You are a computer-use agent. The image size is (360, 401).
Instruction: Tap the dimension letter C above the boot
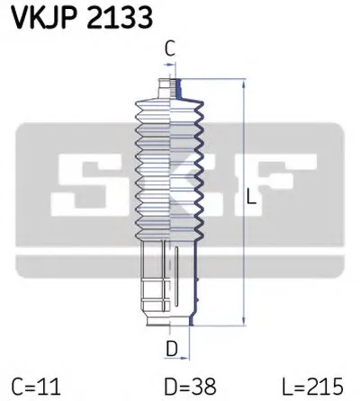coord(168,51)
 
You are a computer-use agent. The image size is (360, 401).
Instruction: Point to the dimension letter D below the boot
coord(168,347)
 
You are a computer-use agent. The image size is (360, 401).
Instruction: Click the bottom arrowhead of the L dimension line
coord(245,320)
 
